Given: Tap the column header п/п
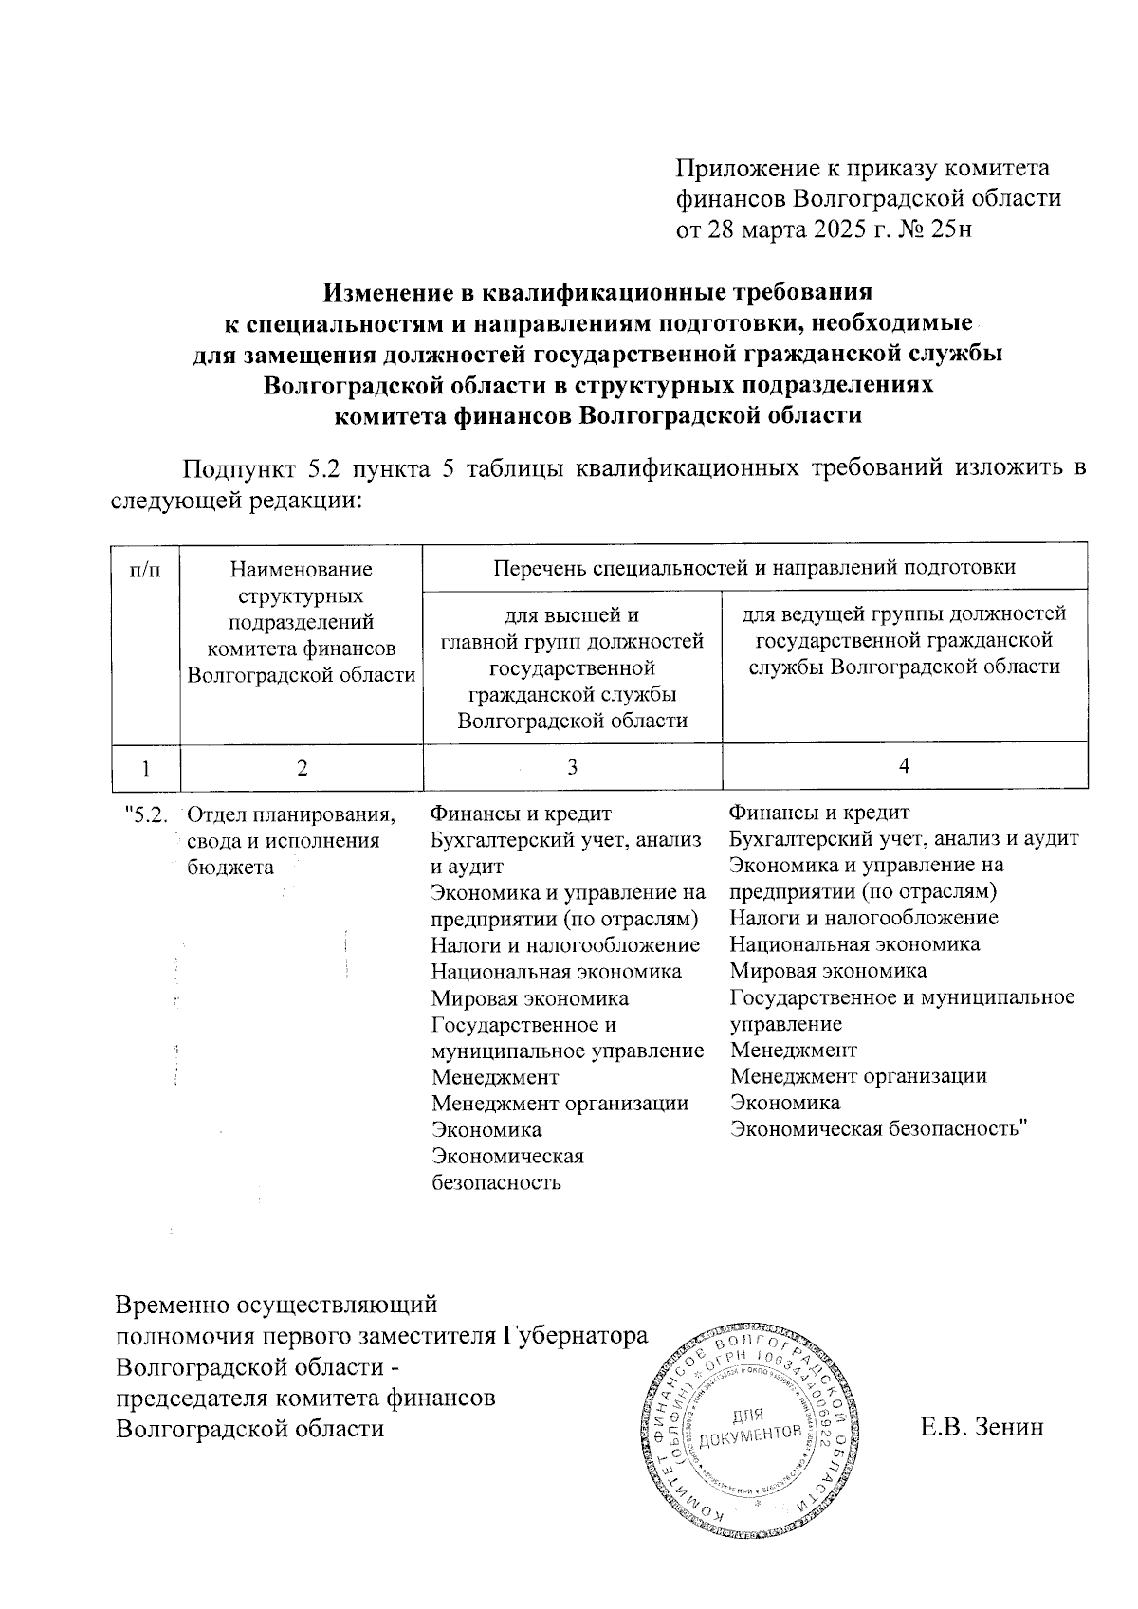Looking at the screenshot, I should coord(145,570).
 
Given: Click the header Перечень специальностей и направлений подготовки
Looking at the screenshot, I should coord(754,568).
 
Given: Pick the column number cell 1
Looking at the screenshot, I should coord(145,767).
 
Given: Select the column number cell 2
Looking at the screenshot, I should coord(302,767).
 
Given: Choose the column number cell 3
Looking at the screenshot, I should coord(572,767).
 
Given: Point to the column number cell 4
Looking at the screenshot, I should coord(905,765).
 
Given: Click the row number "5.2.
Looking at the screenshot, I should coord(147,814).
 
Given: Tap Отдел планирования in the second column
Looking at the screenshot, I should coord(291,814).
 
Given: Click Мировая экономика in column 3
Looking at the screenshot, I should coord(529,998).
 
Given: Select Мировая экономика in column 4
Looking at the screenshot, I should coord(828,970).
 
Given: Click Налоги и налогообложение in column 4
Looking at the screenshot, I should coord(864,918).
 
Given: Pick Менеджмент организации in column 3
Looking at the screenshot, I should coord(560,1104).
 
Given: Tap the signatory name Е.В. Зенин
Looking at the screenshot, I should coord(982,1428).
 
